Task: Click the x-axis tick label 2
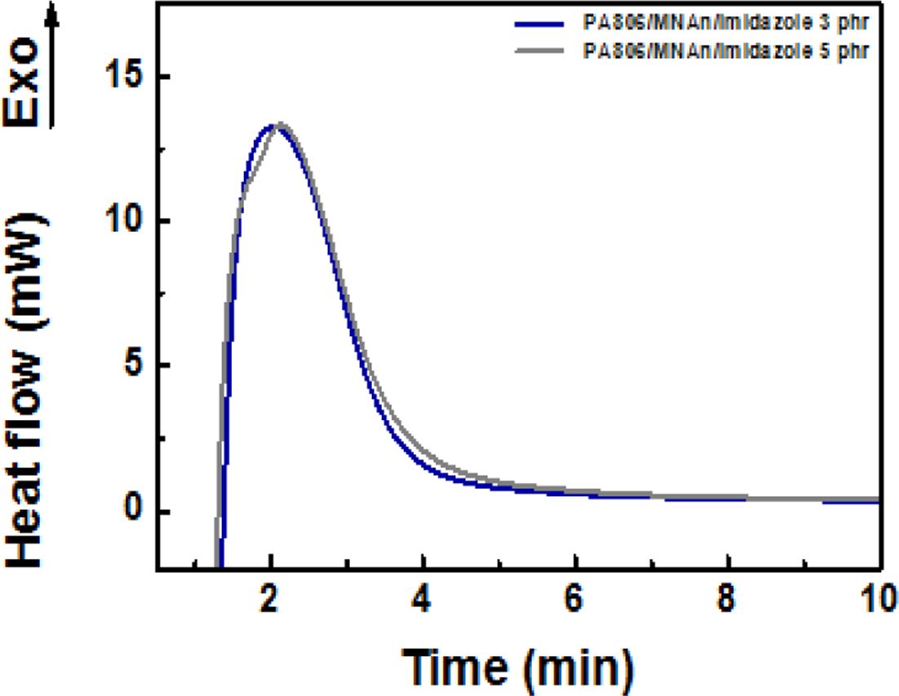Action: (270, 597)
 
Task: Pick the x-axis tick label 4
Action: (423, 597)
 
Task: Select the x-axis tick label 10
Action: (873, 597)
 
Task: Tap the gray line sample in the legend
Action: (541, 51)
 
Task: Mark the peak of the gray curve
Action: (279, 124)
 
